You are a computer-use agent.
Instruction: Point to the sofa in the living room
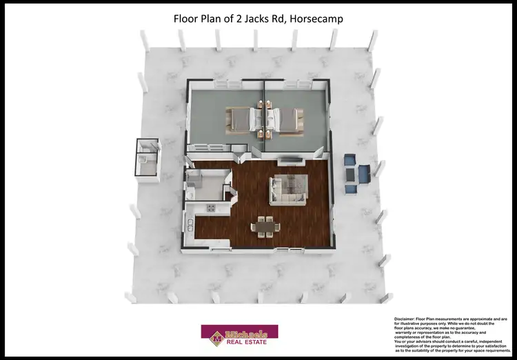point(288,189)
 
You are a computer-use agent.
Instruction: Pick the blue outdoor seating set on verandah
point(356,171)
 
